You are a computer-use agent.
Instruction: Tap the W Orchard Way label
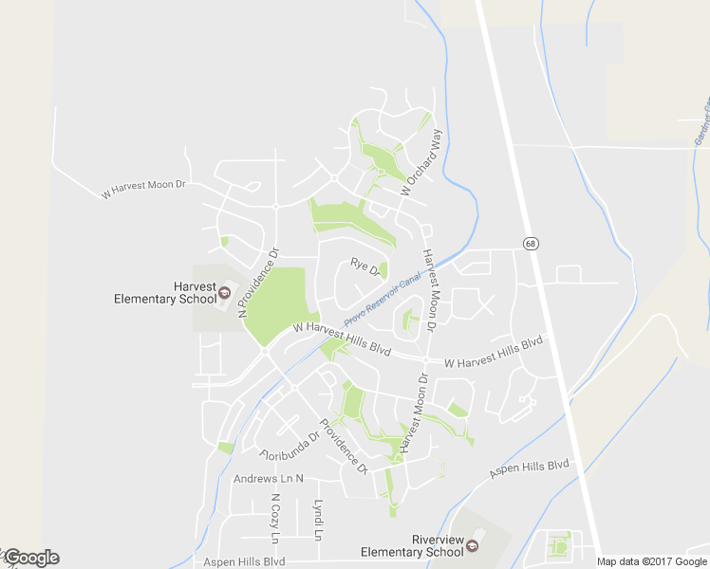pos(421,162)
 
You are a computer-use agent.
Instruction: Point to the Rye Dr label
pos(365,268)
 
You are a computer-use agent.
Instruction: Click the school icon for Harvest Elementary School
pos(224,292)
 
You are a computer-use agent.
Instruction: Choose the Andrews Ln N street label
pos(269,479)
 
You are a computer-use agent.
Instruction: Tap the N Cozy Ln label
pos(276,519)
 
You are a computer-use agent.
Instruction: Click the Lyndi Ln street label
pos(318,521)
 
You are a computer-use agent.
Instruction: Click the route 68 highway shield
pos(530,244)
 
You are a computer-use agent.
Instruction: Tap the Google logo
pos(30,558)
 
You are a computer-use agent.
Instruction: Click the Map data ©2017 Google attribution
pos(652,561)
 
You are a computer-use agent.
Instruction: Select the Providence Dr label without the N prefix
pos(343,447)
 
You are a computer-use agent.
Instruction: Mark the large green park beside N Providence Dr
pos(279,304)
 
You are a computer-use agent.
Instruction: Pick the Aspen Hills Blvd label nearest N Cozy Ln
pos(245,561)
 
